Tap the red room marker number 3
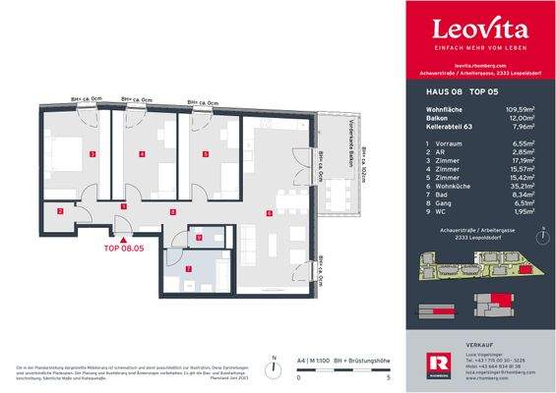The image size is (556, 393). click(93, 154)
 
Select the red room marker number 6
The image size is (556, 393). click(269, 211)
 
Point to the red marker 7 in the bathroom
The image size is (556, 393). click(189, 268)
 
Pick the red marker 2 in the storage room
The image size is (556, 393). click(59, 211)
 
